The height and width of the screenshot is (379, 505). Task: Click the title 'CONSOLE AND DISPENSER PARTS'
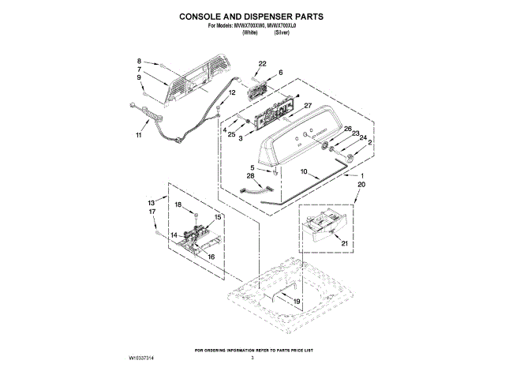click(x=252, y=16)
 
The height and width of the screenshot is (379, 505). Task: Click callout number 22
click(x=263, y=63)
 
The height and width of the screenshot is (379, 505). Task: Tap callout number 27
click(x=309, y=106)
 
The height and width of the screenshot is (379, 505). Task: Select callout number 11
click(x=139, y=135)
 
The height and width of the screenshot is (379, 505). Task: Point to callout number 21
click(x=344, y=243)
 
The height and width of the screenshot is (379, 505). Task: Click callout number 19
click(x=297, y=302)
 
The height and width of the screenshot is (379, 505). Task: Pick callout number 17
click(x=152, y=212)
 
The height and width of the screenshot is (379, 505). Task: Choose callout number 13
click(x=152, y=203)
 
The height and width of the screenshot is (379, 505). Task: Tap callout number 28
click(x=251, y=176)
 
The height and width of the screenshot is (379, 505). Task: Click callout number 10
click(x=304, y=171)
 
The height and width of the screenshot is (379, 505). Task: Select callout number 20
click(x=362, y=184)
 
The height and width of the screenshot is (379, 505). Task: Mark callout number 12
click(x=232, y=93)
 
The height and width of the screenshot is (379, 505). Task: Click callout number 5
click(x=252, y=167)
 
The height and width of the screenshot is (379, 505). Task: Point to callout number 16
click(x=211, y=257)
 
